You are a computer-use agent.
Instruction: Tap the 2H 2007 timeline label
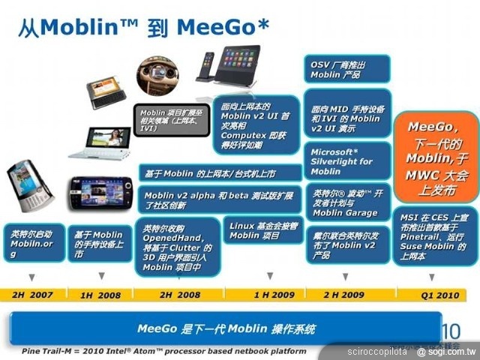click(31, 295)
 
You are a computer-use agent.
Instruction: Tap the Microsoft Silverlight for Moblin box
click(346, 161)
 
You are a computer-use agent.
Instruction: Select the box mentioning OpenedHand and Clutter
click(176, 247)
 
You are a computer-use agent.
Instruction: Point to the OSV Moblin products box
click(346, 69)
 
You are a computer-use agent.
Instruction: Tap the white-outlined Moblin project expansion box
click(173, 118)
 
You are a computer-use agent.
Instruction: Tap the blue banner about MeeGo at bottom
click(225, 328)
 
